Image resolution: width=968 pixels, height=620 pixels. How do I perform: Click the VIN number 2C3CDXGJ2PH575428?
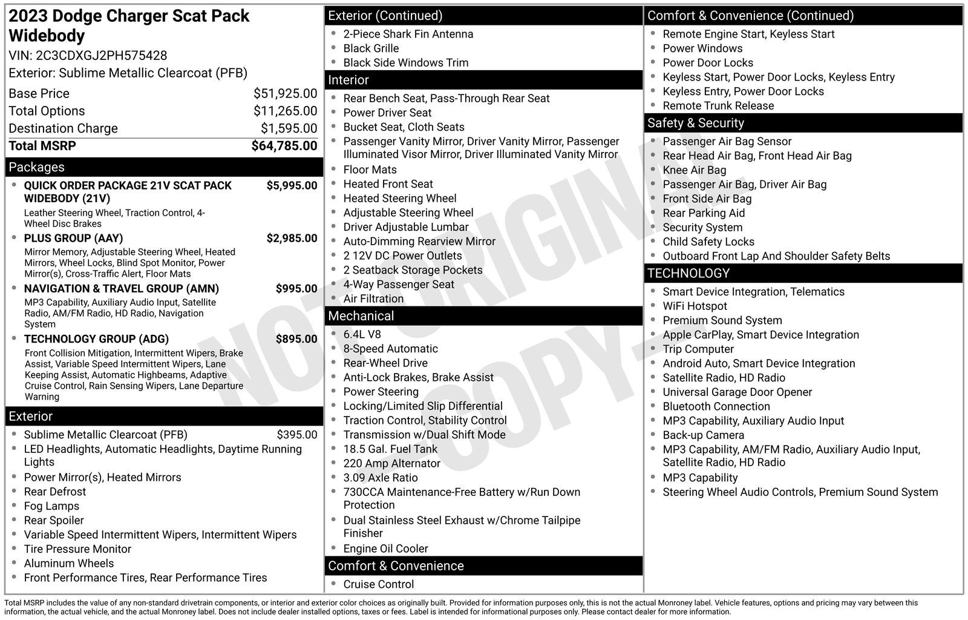click(x=101, y=56)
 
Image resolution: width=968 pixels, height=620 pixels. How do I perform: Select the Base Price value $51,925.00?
click(x=285, y=93)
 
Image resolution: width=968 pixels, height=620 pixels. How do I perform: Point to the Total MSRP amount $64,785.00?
click(x=284, y=146)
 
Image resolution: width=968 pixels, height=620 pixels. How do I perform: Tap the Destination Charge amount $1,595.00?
click(x=289, y=128)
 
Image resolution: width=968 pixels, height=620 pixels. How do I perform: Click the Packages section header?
click(x=36, y=167)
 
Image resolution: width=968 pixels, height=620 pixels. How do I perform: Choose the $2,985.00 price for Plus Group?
click(x=292, y=238)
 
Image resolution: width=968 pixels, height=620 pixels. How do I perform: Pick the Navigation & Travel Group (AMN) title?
click(x=121, y=289)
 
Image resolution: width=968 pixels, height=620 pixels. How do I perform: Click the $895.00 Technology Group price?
click(x=296, y=339)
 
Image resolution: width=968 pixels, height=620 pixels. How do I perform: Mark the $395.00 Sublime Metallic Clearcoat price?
click(x=296, y=435)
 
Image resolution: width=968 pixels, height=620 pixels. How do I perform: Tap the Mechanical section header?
click(x=361, y=316)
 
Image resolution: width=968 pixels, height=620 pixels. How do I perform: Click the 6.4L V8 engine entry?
click(x=362, y=334)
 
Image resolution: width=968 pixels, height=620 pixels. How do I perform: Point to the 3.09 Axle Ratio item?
click(x=380, y=478)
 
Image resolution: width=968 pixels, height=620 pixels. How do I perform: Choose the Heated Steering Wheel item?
click(x=399, y=198)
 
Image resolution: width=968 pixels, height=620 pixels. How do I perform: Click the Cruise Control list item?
click(x=378, y=584)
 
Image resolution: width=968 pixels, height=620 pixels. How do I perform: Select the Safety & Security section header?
click(x=695, y=123)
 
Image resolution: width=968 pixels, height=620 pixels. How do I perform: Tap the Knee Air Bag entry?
click(x=694, y=170)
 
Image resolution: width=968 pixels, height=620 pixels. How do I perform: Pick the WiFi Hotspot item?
click(x=695, y=306)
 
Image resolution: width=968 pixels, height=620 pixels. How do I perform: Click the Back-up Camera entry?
click(x=703, y=435)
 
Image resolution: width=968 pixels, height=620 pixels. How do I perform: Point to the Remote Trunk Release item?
click(x=718, y=106)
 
